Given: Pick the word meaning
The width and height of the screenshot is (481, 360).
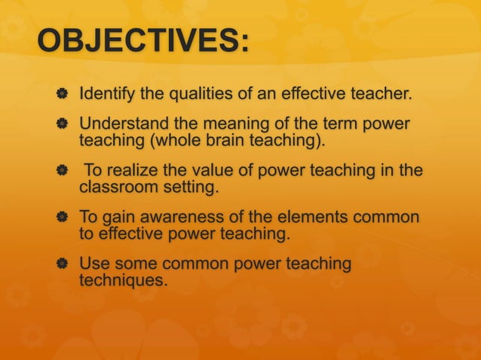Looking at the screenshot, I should click(230, 123).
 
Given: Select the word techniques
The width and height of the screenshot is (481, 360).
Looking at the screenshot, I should click(124, 280).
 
